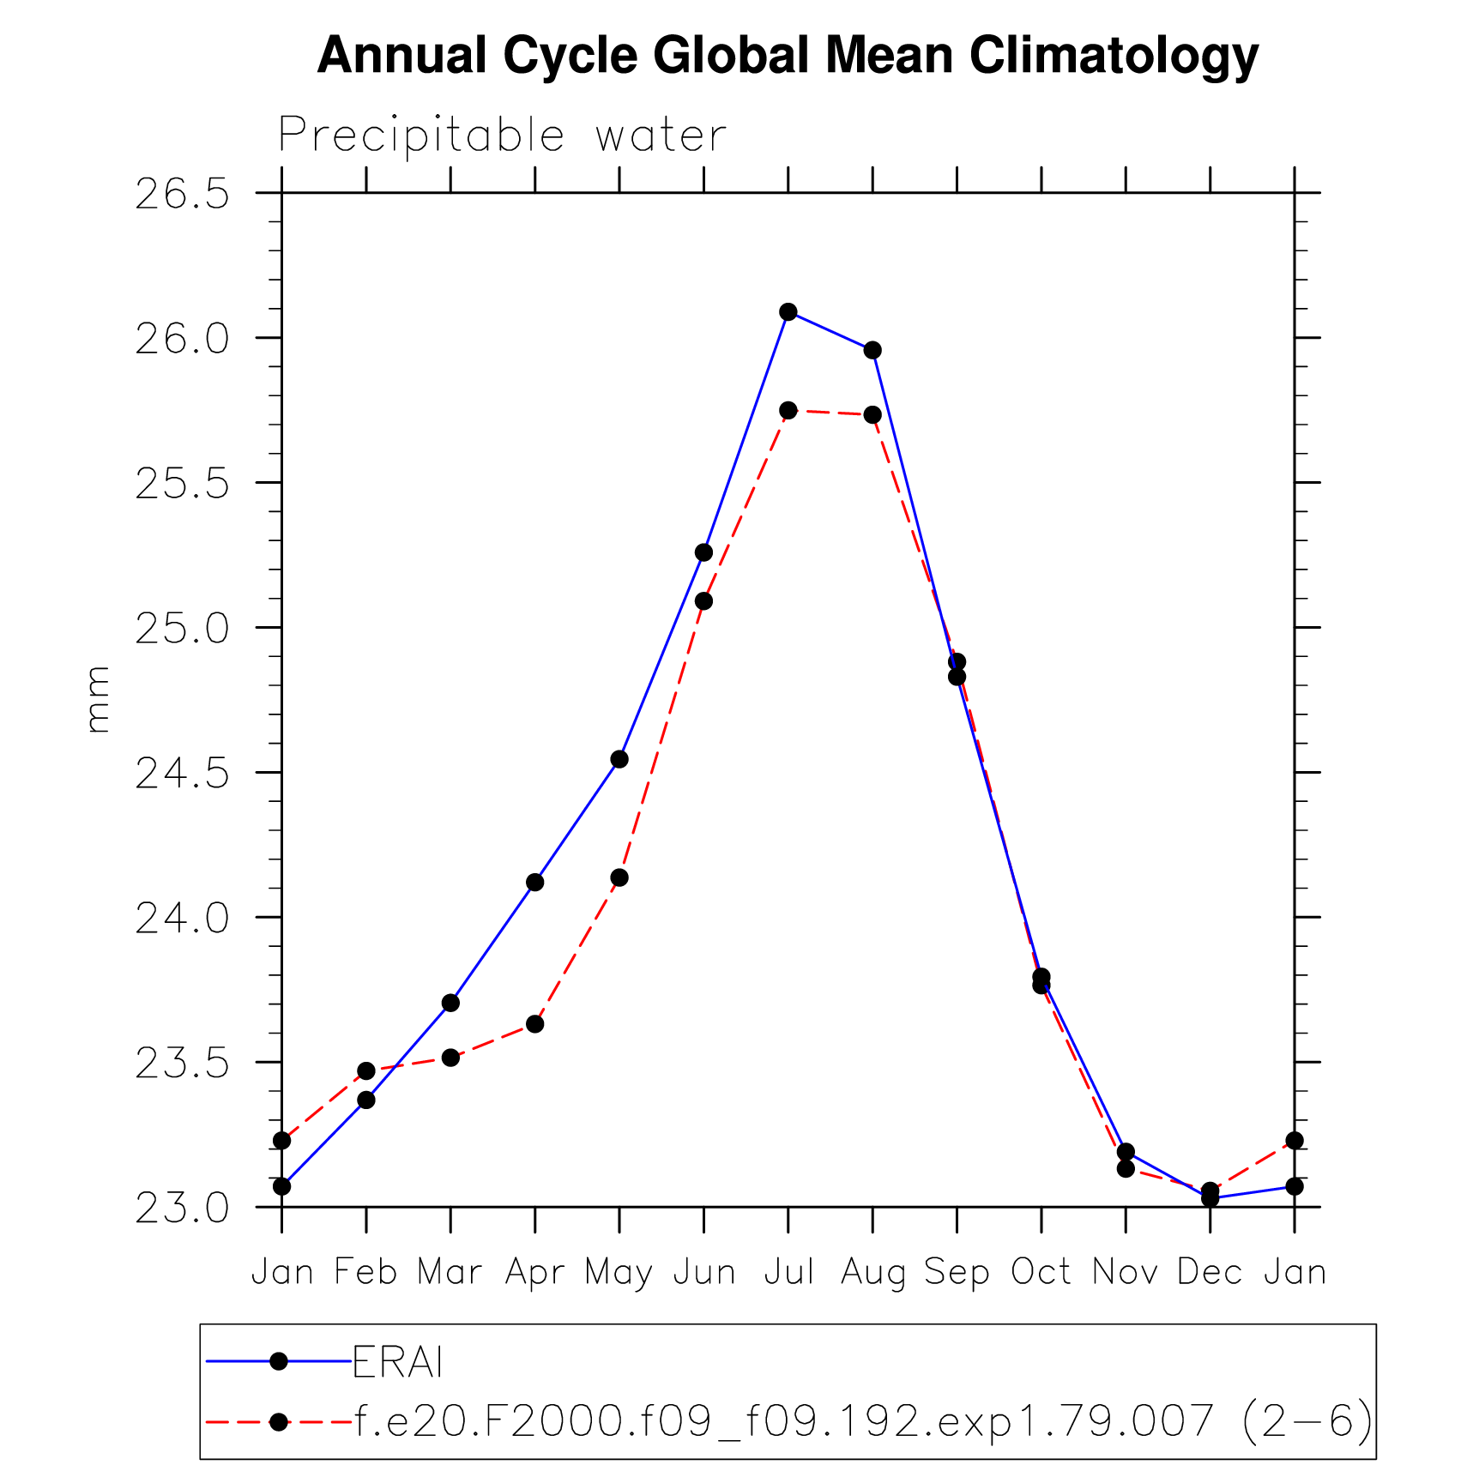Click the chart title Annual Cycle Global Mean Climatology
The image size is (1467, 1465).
coord(788,56)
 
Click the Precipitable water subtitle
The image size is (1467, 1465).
coord(502,136)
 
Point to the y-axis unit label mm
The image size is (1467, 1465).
coord(98,699)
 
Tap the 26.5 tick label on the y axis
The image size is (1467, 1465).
coord(183,195)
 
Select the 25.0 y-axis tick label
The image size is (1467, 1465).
coord(183,629)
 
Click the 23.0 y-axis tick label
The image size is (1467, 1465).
coord(183,1209)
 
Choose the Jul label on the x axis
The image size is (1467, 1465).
coord(788,1271)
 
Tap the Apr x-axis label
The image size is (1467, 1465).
coord(534,1271)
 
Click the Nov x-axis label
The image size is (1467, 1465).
coord(1125,1271)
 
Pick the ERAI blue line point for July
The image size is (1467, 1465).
coord(788,311)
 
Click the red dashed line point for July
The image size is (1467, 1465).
coord(788,411)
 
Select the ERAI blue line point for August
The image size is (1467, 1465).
coord(872,350)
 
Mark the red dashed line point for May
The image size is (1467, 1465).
coord(619,877)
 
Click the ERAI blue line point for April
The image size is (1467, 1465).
coord(534,882)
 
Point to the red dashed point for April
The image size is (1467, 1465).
coord(534,1024)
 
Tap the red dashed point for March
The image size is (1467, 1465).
coord(450,1058)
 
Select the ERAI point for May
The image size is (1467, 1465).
coord(619,759)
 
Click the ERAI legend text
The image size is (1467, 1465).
coord(397,1362)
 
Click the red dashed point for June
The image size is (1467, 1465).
coord(703,601)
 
